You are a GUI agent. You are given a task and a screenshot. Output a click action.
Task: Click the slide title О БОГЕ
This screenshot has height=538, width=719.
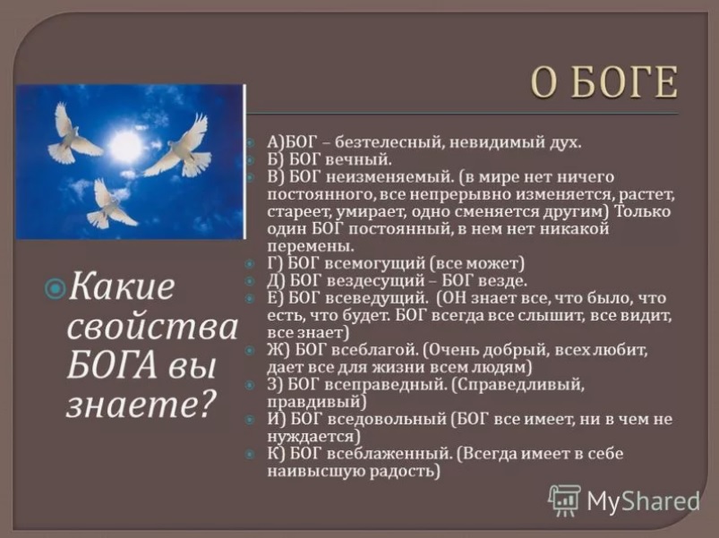603,82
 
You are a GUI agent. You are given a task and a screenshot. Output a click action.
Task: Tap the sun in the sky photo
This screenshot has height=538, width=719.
124,145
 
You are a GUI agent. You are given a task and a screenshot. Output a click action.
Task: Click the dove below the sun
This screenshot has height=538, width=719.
110,204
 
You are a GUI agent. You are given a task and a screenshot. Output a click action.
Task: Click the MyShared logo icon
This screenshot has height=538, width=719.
564,500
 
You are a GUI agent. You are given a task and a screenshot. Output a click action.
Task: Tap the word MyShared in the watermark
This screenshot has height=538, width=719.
643,500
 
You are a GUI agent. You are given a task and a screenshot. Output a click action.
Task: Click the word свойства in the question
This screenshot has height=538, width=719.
152,327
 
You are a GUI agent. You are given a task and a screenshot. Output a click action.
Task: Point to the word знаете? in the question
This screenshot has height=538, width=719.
141,405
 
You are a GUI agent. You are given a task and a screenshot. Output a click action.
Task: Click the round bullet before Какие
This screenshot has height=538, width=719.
56,289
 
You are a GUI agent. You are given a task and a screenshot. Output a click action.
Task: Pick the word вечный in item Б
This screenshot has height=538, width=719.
358,159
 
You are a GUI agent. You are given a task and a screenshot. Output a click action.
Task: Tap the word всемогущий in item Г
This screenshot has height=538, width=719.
374,263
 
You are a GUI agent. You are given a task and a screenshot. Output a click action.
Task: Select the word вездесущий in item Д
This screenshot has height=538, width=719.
374,280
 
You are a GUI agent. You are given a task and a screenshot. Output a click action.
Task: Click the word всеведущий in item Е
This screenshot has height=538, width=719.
375,298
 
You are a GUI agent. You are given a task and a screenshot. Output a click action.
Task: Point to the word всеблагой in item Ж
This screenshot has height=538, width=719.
372,350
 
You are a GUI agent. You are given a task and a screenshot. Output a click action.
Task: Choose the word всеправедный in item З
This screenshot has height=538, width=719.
385,385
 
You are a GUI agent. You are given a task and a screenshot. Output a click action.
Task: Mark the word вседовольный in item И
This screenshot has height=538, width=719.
388,419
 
